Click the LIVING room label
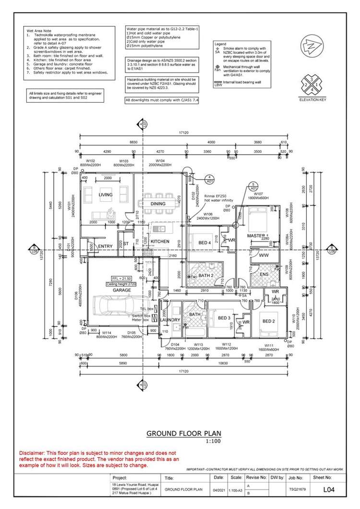106,195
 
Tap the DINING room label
158,204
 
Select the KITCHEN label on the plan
160,241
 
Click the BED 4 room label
204,243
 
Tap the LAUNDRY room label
170,320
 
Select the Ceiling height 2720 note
121,285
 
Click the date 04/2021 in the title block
218,490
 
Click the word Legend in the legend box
221,44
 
